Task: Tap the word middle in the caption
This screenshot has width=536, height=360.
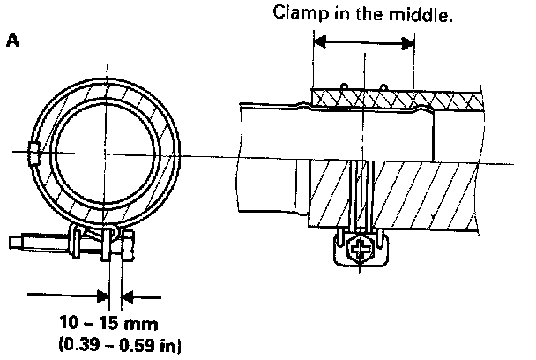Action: (x=424, y=14)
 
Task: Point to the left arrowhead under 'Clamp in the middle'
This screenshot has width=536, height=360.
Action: (x=319, y=41)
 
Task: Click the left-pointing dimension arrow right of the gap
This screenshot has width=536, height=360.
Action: (x=127, y=293)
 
